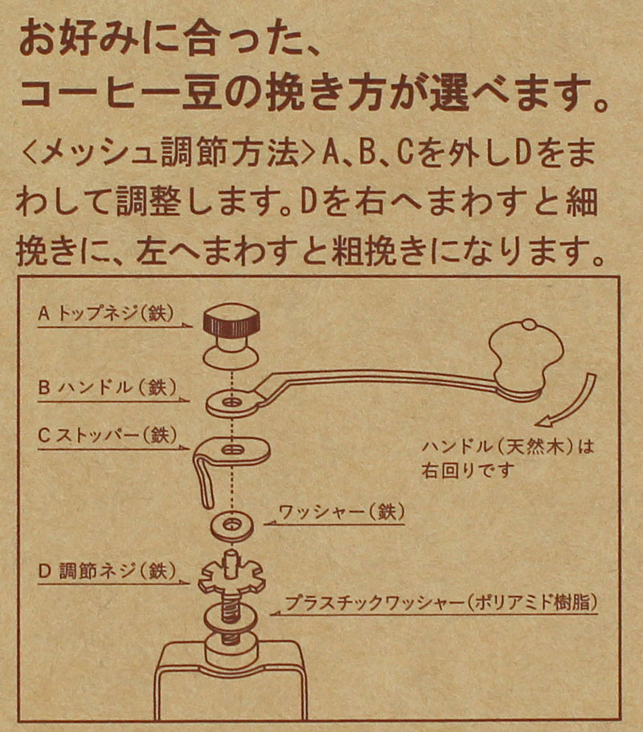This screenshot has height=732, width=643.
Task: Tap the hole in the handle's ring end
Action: click(x=231, y=399)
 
